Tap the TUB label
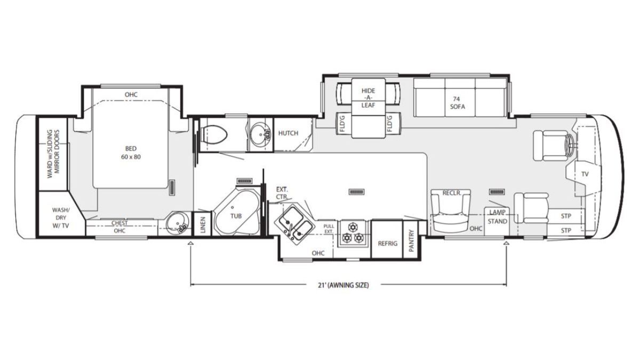[x=236, y=216]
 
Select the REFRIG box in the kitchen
[x=387, y=239]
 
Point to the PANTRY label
[x=411, y=241]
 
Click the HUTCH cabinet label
[x=288, y=133]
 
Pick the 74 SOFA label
[x=458, y=103]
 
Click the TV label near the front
[x=585, y=174]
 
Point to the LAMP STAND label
[x=498, y=217]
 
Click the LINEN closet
[x=203, y=224]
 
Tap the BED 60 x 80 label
[x=131, y=153]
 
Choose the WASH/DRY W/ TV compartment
[x=61, y=214]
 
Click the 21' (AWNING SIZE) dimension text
[x=343, y=285]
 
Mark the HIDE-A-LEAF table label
[x=368, y=98]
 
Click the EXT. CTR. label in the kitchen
[x=282, y=193]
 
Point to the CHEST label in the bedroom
[x=119, y=223]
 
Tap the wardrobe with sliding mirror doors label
[x=54, y=154]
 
